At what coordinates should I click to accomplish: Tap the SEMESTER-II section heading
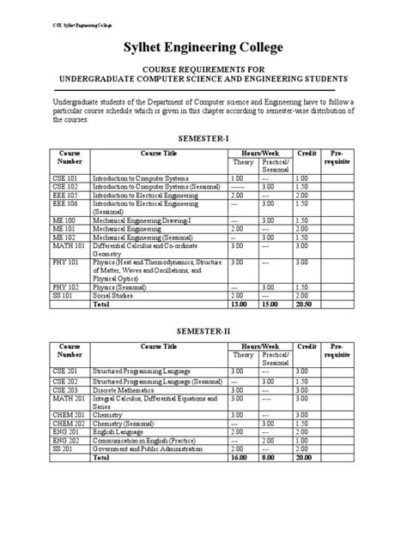[x=203, y=330]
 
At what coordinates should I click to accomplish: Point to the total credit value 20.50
[x=302, y=303]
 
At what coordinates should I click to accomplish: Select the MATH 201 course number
[x=68, y=398]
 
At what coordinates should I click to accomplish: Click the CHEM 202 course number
[x=69, y=423]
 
